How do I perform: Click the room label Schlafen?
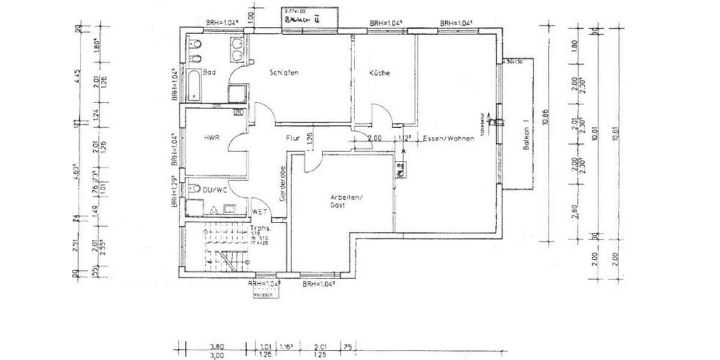coord(284,73)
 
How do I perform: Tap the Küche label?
coord(379,73)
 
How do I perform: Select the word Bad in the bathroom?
coord(209,73)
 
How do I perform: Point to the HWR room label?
coord(212,137)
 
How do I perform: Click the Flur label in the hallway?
coord(292,138)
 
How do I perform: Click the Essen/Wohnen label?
coord(448,139)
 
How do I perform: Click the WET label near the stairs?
coord(259,211)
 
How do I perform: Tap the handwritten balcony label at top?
coord(302,19)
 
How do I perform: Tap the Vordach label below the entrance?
coord(262,295)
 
